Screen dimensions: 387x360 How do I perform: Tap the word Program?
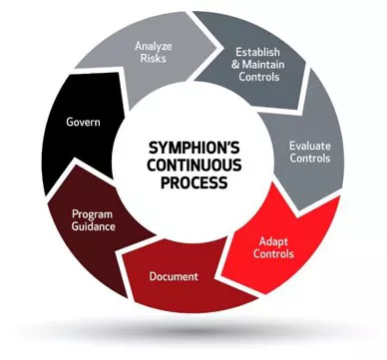(95, 214)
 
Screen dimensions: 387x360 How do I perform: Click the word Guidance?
(95, 228)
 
